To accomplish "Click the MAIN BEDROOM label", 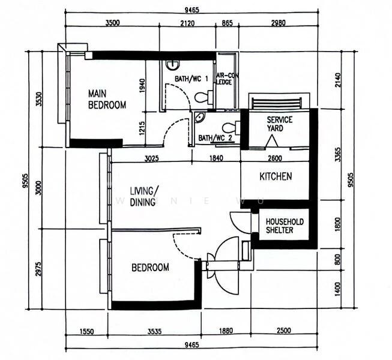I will (x=107, y=100).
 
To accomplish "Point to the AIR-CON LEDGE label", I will (x=228, y=79).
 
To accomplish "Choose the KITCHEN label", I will (x=276, y=176).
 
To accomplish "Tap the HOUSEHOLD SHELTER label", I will (x=285, y=226).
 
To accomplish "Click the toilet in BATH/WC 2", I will (x=229, y=127).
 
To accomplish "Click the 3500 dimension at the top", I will (x=112, y=23).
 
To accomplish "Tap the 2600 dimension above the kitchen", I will (x=276, y=158).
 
